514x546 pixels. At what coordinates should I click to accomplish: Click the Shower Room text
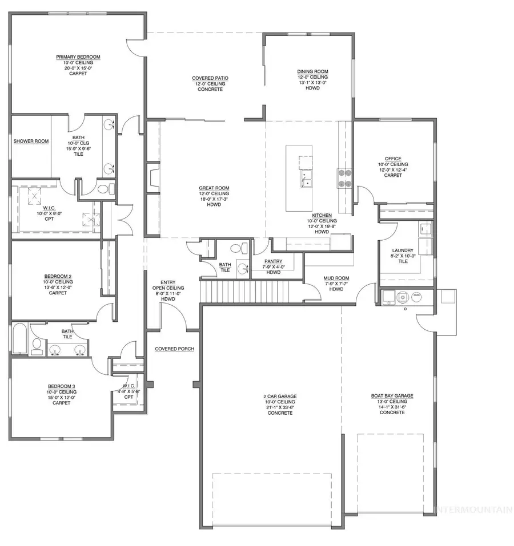pos(31,141)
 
